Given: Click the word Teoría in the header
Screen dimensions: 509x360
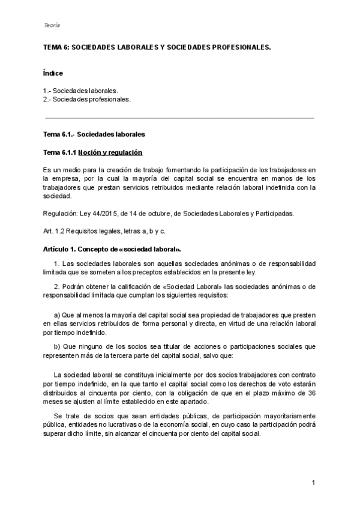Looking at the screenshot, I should [52, 25].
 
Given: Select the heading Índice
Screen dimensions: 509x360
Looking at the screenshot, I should [53, 73].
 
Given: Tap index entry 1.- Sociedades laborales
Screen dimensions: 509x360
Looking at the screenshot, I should [80, 90].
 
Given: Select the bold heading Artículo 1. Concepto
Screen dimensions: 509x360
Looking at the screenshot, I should [112, 248].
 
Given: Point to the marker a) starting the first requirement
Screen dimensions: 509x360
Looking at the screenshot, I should [57, 315].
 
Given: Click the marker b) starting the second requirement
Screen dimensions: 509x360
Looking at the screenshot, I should [57, 346].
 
